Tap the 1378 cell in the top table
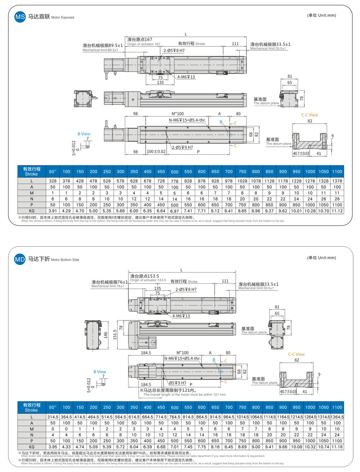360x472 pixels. tap(337, 181)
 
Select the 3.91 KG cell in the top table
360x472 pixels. tap(53, 210)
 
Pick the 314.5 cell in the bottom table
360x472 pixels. tap(53, 417)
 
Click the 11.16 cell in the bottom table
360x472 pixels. tap(337, 446)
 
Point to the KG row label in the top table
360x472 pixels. tap(31, 210)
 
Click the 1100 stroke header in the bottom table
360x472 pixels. tap(337, 407)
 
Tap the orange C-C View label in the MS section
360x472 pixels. tap(310, 115)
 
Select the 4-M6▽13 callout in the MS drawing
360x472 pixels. tap(186, 77)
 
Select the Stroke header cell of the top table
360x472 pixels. tap(31, 171)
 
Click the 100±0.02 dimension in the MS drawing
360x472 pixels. tap(156, 151)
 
